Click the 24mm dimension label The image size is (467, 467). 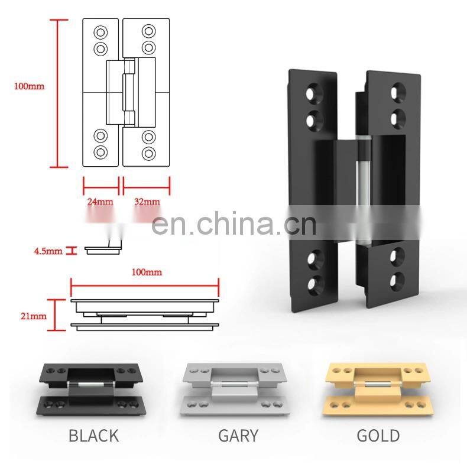pyautogui.click(x=100, y=202)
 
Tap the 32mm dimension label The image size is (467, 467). pyautogui.click(x=147, y=202)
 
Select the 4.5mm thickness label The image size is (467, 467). pyautogui.click(x=48, y=251)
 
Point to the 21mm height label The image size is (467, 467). pyautogui.click(x=34, y=316)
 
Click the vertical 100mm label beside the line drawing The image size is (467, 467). pyautogui.click(x=29, y=86)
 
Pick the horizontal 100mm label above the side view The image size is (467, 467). pyautogui.click(x=147, y=272)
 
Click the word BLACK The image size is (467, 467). pyautogui.click(x=94, y=436)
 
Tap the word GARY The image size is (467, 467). pyautogui.click(x=238, y=436)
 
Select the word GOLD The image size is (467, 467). pyautogui.click(x=378, y=436)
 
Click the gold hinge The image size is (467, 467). pyautogui.click(x=377, y=388)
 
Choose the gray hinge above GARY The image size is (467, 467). pyautogui.click(x=235, y=388)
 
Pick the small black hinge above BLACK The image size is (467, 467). pyautogui.click(x=91, y=389)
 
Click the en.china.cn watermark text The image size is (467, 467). pyautogui.click(x=234, y=223)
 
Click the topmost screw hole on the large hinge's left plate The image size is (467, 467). pyautogui.click(x=314, y=93)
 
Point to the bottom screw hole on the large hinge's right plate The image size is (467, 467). pyautogui.click(x=397, y=281)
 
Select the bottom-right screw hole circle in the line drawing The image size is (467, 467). pyautogui.click(x=148, y=153)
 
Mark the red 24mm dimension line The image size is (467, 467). pyautogui.click(x=101, y=187)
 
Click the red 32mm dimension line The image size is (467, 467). pyautogui.click(x=147, y=187)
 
